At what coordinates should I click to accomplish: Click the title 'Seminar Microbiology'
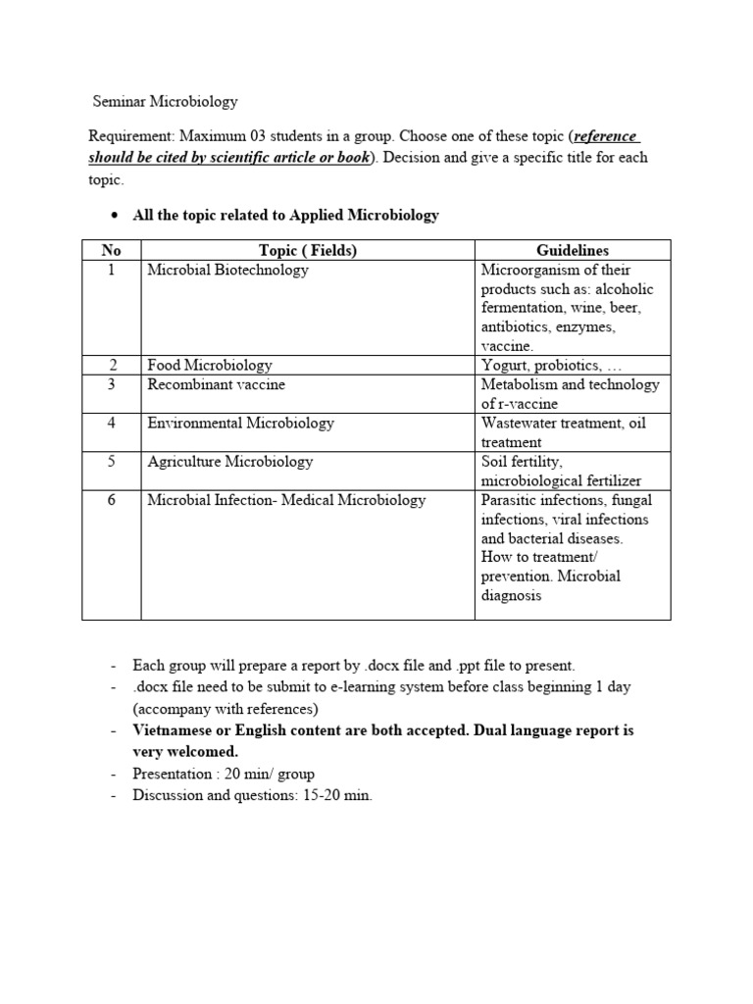click(165, 101)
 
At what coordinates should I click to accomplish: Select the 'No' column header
click(111, 251)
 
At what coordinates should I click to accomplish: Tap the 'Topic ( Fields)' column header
click(307, 251)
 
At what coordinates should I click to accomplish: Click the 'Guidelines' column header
click(573, 251)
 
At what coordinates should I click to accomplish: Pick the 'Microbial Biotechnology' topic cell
click(227, 271)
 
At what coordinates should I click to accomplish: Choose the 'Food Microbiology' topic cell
click(210, 366)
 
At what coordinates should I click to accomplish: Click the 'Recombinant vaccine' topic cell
click(216, 385)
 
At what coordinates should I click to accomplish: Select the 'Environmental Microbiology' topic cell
click(240, 424)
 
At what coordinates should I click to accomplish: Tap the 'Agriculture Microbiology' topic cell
click(229, 462)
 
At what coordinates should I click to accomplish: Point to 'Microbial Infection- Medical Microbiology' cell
click(286, 500)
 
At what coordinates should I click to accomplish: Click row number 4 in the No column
click(111, 424)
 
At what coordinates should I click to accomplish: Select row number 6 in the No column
click(111, 500)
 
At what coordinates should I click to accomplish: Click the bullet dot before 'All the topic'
click(114, 216)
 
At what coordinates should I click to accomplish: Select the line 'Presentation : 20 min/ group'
click(224, 775)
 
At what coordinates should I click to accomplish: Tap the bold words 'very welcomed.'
click(185, 752)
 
